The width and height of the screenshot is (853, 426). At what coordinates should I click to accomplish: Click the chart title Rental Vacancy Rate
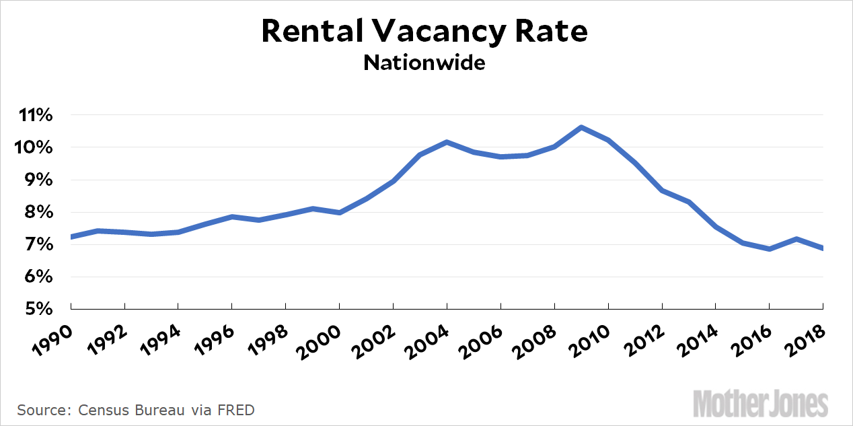point(424,32)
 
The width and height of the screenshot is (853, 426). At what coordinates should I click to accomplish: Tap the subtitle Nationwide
point(424,63)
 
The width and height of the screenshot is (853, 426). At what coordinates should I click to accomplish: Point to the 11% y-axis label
point(35,115)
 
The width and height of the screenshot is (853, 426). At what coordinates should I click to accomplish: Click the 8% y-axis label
point(38,212)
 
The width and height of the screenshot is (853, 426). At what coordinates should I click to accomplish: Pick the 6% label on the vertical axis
point(38,277)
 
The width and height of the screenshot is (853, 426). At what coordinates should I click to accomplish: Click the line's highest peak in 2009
point(581,127)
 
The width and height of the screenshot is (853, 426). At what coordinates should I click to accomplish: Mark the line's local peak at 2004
point(447,142)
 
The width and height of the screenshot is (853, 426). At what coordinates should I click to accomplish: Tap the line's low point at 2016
point(770,249)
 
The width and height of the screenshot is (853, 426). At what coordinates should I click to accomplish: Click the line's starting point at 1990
point(71,237)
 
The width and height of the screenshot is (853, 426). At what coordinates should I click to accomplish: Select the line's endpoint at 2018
point(823,248)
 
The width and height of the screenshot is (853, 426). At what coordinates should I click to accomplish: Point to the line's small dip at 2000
point(339,213)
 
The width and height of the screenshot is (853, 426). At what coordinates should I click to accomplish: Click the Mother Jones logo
point(761,404)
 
